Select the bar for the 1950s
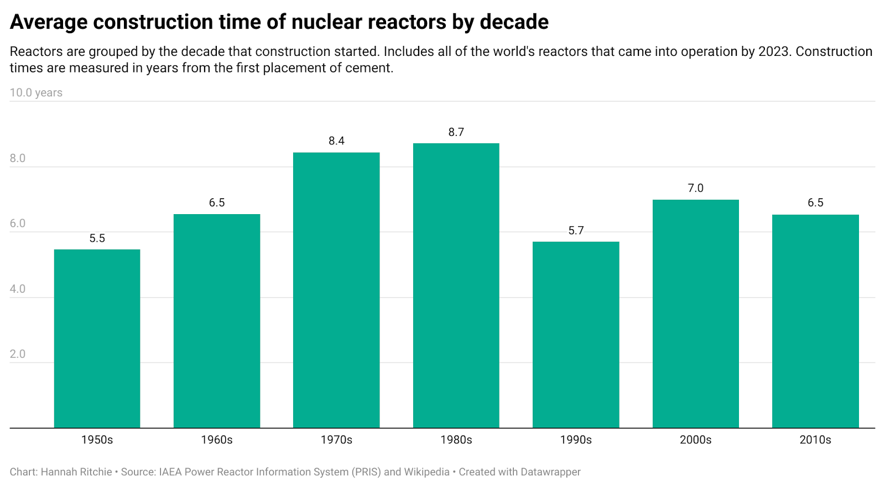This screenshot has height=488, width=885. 97,339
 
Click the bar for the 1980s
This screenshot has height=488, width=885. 456,285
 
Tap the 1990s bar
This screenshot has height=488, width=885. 576,335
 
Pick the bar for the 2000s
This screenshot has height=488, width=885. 695,314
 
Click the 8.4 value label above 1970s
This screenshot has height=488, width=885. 336,141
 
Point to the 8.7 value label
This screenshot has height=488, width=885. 456,132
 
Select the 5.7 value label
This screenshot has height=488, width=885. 576,231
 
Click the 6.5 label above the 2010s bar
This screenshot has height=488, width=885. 815,203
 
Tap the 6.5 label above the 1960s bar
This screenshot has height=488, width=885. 217,203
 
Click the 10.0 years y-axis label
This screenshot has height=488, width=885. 36,93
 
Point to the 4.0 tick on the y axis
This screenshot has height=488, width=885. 18,289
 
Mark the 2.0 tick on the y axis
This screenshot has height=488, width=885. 18,354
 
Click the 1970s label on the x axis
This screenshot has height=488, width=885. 336,440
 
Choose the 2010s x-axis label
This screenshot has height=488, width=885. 815,440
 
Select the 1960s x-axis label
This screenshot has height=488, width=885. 217,440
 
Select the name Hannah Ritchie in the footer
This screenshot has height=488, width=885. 76,472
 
